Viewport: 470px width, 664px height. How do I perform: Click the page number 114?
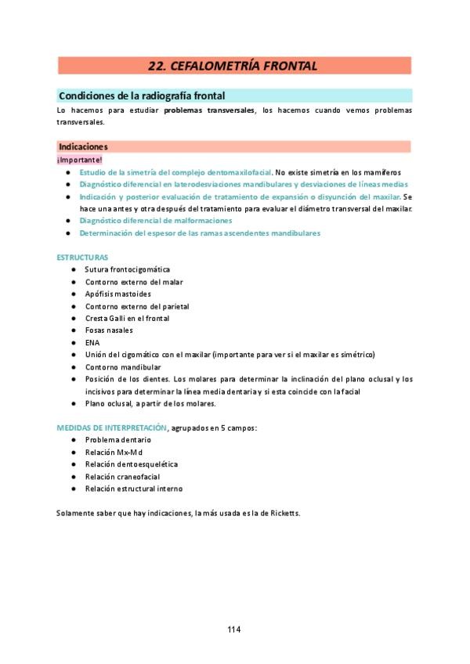pyautogui.click(x=234, y=630)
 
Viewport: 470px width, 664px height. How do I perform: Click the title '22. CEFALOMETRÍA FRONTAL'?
pyautogui.click(x=233, y=66)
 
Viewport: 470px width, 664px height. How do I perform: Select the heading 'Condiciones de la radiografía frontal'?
pyautogui.click(x=142, y=96)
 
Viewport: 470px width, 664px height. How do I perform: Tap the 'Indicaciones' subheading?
pyautogui.click(x=83, y=146)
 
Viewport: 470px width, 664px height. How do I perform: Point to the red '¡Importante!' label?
pyautogui.click(x=79, y=160)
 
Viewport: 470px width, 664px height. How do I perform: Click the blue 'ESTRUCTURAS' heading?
pyautogui.click(x=82, y=258)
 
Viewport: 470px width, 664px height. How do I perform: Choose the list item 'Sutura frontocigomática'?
pyautogui.click(x=127, y=269)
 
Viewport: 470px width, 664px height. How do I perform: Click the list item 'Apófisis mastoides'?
pyautogui.click(x=118, y=294)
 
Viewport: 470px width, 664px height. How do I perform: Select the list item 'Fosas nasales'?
pyautogui.click(x=109, y=330)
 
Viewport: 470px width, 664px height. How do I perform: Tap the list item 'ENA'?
pyautogui.click(x=92, y=342)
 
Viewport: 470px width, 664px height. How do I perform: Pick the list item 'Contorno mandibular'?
pyautogui.click(x=123, y=366)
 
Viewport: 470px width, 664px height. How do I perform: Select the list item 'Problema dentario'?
pyautogui.click(x=118, y=440)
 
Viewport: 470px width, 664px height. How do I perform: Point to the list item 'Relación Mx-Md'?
pyautogui.click(x=114, y=452)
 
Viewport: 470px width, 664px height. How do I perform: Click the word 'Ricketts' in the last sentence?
pyautogui.click(x=282, y=513)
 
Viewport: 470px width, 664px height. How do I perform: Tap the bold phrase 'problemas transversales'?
pyautogui.click(x=209, y=110)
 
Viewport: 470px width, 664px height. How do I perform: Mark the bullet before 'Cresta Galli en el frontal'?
pyautogui.click(x=73, y=318)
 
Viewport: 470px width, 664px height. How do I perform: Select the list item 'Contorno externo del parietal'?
pyautogui.click(x=137, y=306)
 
